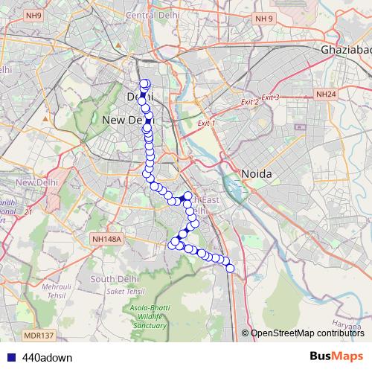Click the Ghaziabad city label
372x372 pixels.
point(346,49)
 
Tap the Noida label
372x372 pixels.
point(256,173)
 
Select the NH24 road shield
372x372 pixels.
point(325,94)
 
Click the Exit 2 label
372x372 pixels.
point(249,101)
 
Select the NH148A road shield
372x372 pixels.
point(106,239)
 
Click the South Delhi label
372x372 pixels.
point(112,279)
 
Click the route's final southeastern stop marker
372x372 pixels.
point(230,268)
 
